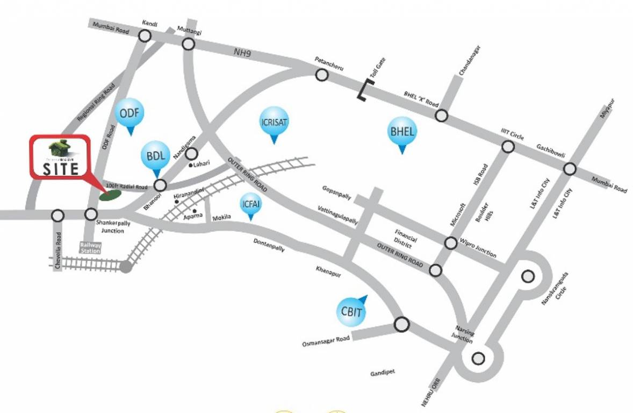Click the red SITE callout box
[x=60, y=156]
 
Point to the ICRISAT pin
[x=274, y=122]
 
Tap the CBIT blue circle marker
[x=351, y=311]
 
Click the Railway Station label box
[x=91, y=247]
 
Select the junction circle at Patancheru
[x=321, y=75]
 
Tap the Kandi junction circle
[x=145, y=36]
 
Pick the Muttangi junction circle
[x=188, y=44]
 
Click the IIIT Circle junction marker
[x=508, y=146]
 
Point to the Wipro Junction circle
[x=451, y=243]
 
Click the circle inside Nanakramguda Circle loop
[x=528, y=276]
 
